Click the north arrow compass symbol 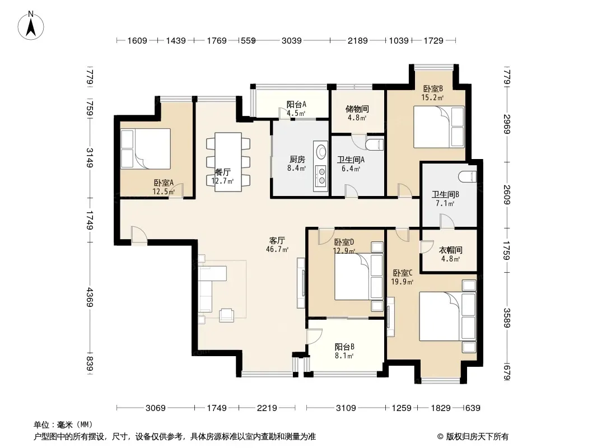[31, 26]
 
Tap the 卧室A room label [164, 183]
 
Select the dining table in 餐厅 [228, 162]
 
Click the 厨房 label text [297, 159]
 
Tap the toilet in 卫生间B [468, 177]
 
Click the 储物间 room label [357, 109]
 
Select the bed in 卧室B [439, 127]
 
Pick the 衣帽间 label [450, 250]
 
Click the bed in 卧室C [448, 316]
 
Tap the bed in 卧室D [358, 277]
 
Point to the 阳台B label [344, 347]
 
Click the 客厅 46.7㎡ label [277, 245]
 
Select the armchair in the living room [227, 314]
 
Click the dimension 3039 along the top [292, 40]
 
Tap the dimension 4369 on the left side [90, 297]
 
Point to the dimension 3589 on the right [507, 318]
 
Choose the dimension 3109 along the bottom [346, 408]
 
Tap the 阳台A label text [297, 104]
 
